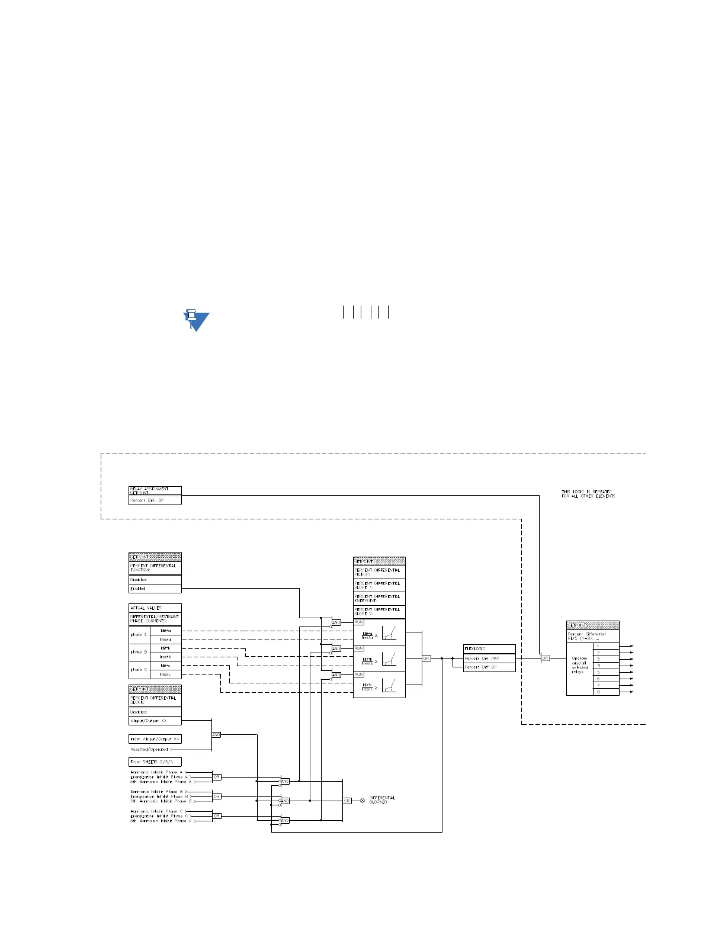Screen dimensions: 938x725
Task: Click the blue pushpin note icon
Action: click(195, 319)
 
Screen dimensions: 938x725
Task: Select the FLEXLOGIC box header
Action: click(489, 648)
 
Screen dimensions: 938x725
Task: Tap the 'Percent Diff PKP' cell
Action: click(489, 658)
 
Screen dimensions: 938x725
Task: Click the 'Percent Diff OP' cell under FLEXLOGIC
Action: click(489, 667)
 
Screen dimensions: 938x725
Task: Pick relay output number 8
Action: click(606, 692)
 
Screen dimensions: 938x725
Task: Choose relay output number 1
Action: click(606, 645)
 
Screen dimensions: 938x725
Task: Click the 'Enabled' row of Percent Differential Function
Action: click(155, 589)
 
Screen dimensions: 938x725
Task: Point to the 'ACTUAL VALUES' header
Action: click(155, 608)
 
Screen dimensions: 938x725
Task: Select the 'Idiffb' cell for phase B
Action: click(166, 648)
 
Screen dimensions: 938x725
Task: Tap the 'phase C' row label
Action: click(139, 670)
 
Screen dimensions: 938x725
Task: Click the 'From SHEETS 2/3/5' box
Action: click(155, 762)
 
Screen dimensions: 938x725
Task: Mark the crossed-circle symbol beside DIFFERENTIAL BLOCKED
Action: click(362, 801)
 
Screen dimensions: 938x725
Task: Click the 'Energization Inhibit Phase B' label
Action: click(159, 796)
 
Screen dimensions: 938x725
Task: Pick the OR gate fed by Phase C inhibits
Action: click(217, 816)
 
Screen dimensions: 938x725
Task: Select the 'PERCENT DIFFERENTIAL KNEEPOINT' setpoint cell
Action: click(379, 598)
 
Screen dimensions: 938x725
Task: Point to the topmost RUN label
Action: click(358, 622)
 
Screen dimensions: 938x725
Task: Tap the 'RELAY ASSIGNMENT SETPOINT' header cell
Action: click(155, 491)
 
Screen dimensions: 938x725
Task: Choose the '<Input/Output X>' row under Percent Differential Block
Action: click(155, 721)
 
